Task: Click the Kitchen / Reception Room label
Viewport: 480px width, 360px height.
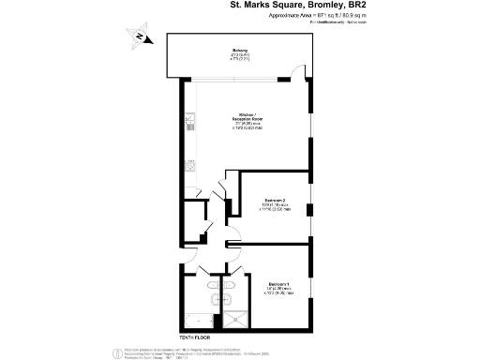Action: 247,117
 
